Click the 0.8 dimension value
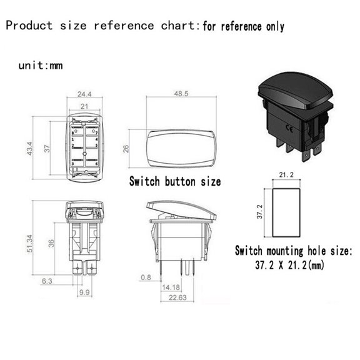[146, 277]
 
